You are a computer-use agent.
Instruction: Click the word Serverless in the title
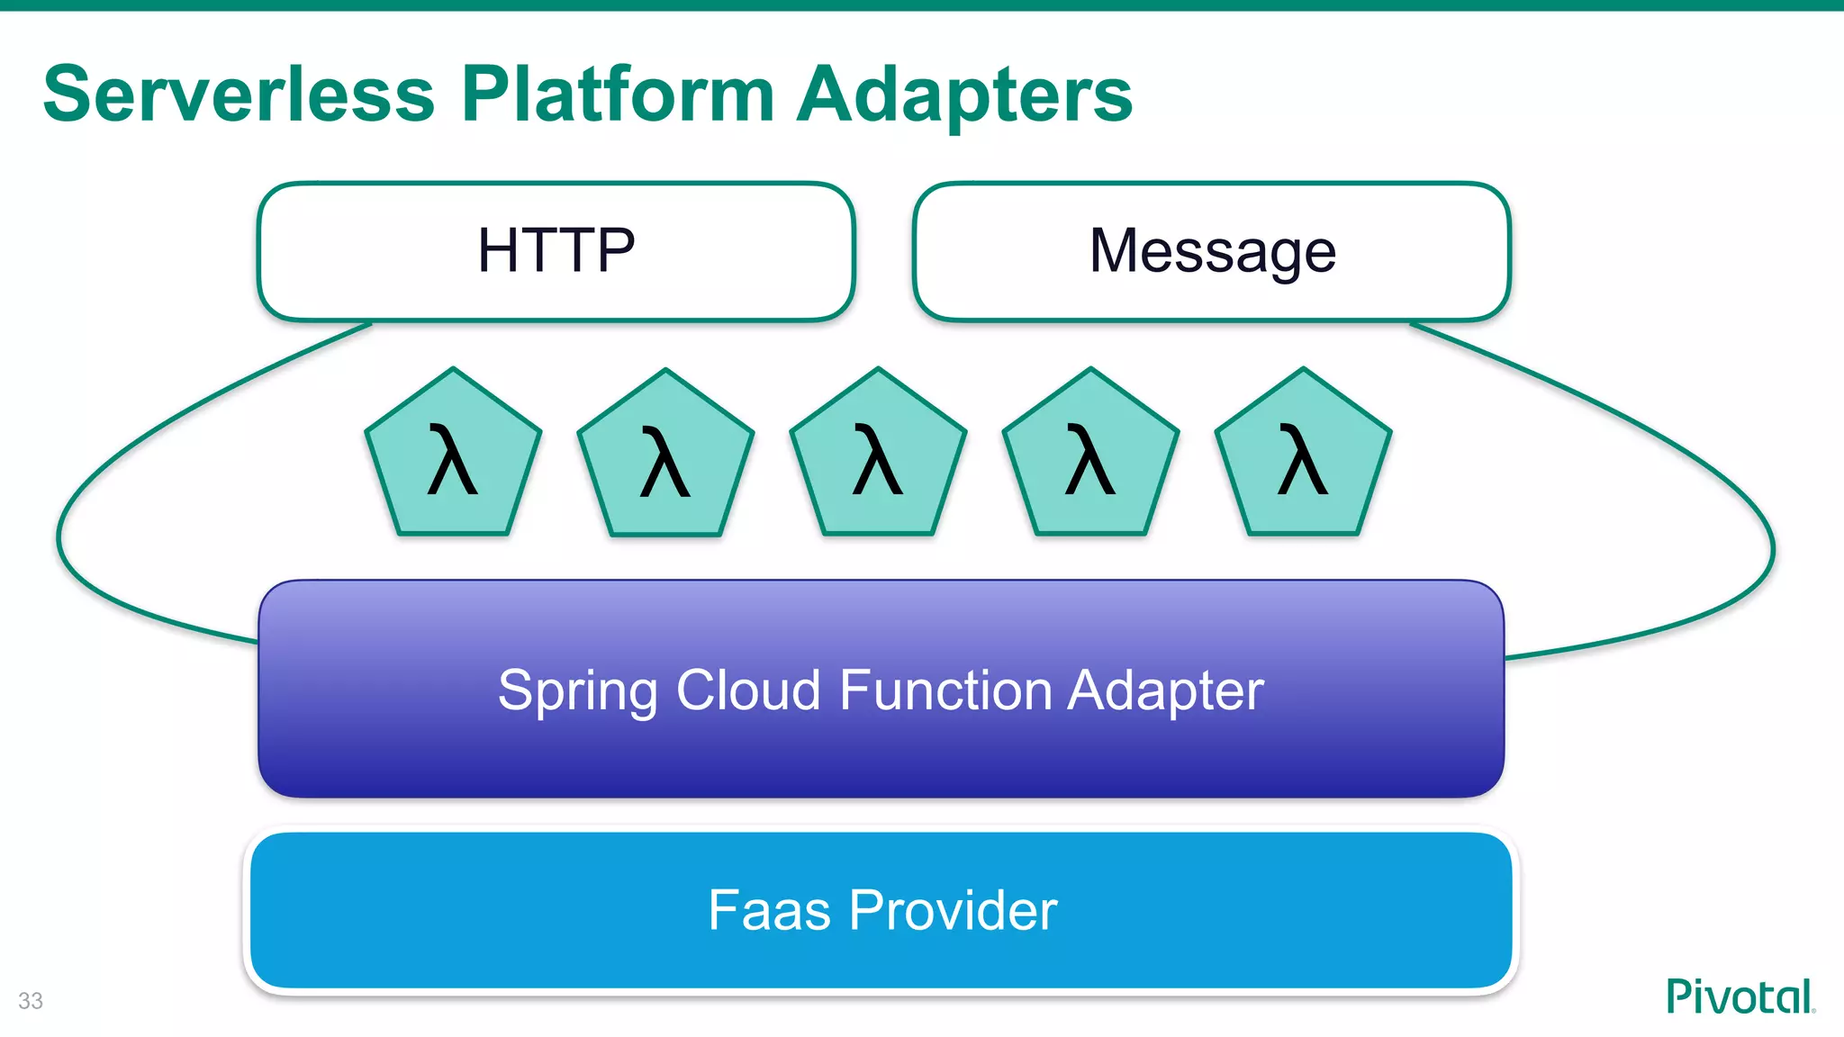click(239, 95)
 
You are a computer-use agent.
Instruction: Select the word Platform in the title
click(618, 95)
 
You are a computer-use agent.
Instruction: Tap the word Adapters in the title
click(964, 95)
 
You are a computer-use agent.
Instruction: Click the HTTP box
click(556, 251)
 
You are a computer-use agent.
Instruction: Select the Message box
click(1211, 251)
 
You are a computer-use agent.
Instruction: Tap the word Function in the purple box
click(945, 690)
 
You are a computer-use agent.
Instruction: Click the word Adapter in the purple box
click(1166, 691)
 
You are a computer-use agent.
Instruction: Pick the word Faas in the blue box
click(769, 910)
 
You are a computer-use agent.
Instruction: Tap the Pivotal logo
click(1740, 996)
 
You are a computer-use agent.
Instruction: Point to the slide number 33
click(31, 1001)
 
